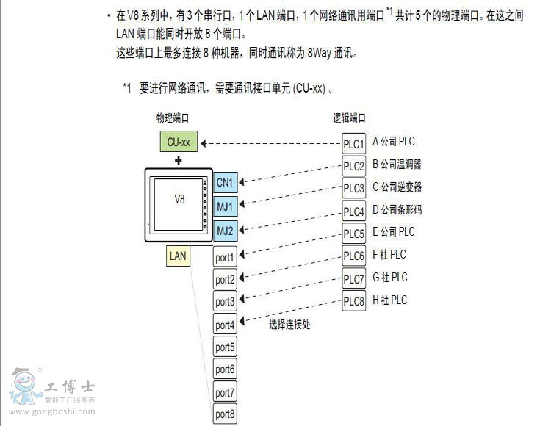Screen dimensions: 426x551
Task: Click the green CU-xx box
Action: pyautogui.click(x=179, y=142)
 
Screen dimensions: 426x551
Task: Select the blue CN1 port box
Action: pyautogui.click(x=225, y=181)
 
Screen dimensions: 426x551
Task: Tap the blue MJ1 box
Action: pyautogui.click(x=225, y=206)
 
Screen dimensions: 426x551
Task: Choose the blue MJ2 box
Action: pyautogui.click(x=225, y=231)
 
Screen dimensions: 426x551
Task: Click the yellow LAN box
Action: pyautogui.click(x=178, y=256)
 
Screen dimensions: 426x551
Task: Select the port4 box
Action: pyautogui.click(x=225, y=325)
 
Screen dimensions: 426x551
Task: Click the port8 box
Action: pyautogui.click(x=225, y=415)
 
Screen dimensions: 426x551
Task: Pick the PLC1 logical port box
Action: pyautogui.click(x=354, y=143)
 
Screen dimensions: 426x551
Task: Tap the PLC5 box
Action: pyautogui.click(x=354, y=234)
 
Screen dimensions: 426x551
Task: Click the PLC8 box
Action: pyautogui.click(x=354, y=301)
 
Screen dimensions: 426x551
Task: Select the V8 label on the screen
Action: pyautogui.click(x=179, y=199)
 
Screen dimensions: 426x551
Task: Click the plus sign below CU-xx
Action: pyautogui.click(x=179, y=160)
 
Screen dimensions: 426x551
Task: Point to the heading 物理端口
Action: pyautogui.click(x=173, y=118)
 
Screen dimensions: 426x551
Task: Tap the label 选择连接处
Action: pyautogui.click(x=289, y=324)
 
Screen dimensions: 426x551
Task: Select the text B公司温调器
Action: pyautogui.click(x=397, y=165)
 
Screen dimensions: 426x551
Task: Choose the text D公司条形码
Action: pyautogui.click(x=397, y=210)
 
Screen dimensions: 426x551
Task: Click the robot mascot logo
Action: pyautogui.click(x=24, y=386)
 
